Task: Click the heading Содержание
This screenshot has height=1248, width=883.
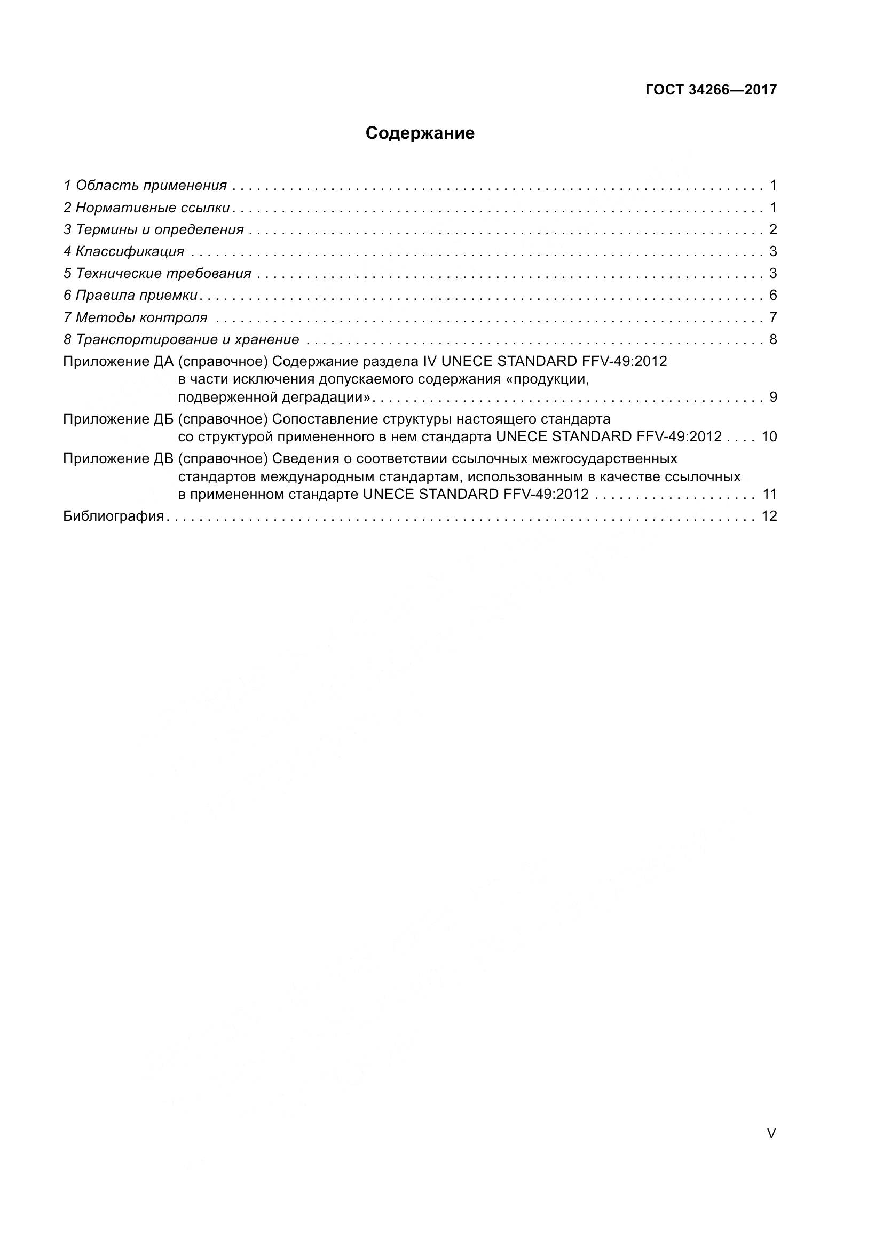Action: [420, 133]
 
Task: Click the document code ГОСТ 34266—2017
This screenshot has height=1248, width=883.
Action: [711, 90]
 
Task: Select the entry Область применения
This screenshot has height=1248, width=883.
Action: [145, 186]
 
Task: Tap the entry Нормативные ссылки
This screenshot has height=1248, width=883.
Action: [147, 208]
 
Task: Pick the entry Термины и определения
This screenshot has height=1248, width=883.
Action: [154, 230]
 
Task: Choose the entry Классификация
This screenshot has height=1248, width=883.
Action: [124, 252]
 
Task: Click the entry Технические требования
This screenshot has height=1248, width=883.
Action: [157, 273]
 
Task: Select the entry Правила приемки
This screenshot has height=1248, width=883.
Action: [130, 296]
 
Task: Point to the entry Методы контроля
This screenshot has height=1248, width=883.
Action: [136, 317]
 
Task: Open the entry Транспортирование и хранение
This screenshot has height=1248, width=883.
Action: [182, 340]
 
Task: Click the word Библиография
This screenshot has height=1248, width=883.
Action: [114, 516]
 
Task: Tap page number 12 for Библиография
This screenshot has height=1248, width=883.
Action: [769, 516]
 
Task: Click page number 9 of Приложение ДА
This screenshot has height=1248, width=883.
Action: [773, 398]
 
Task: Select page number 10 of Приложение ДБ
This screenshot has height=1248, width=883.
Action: [769, 436]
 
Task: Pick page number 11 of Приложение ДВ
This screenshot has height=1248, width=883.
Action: [769, 494]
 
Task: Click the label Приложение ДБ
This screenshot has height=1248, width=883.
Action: [118, 419]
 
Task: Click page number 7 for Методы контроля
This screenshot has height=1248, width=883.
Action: [773, 317]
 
